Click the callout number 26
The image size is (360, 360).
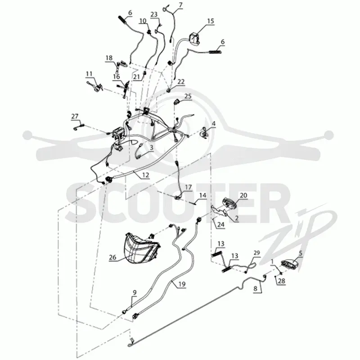pos(112,257)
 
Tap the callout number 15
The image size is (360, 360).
pos(211,21)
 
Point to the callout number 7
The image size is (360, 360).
pos(180,5)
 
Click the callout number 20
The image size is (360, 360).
pos(243,195)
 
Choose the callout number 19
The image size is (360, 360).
pos(182,284)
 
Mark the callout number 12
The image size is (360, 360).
pos(145,175)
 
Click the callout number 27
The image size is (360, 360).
pos(75,117)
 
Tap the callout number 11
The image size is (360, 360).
pos(89,74)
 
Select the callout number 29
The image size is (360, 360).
pos(256,253)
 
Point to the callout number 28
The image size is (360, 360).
pos(282,281)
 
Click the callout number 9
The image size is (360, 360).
pos(135,292)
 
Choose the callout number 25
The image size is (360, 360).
pos(188,96)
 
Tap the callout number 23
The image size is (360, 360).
pos(154,14)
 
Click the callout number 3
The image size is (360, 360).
pos(151,148)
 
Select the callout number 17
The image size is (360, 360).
pos(188,187)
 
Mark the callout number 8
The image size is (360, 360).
pos(256,288)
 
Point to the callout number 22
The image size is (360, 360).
pos(181,82)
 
